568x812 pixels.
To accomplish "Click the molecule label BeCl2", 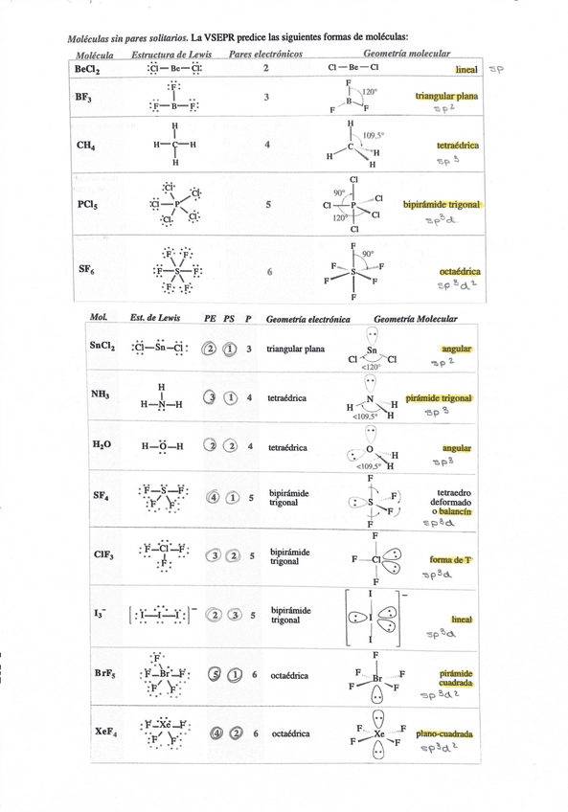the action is coord(85,70).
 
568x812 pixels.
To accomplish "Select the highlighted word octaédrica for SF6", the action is coord(460,272).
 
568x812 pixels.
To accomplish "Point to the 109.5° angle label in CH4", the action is coord(374,136).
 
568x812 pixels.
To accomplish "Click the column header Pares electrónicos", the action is coord(266,55).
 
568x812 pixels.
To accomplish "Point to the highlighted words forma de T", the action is coord(451,559).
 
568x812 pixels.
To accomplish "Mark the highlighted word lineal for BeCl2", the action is coord(466,70).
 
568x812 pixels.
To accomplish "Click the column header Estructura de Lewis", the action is coord(171,55).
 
